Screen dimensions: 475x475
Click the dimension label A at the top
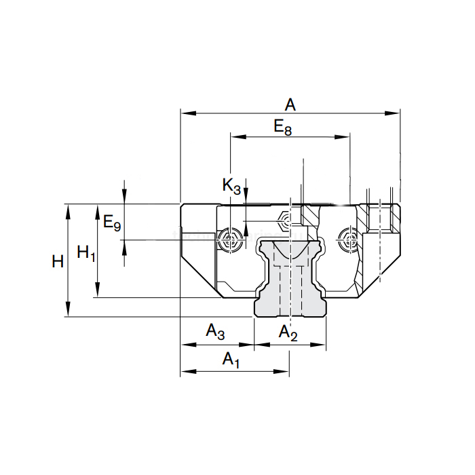(290, 104)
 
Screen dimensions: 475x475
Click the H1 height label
(85, 253)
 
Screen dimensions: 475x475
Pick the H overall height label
(58, 261)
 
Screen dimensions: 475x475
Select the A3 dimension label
(215, 332)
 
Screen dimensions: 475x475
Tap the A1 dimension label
(231, 360)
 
